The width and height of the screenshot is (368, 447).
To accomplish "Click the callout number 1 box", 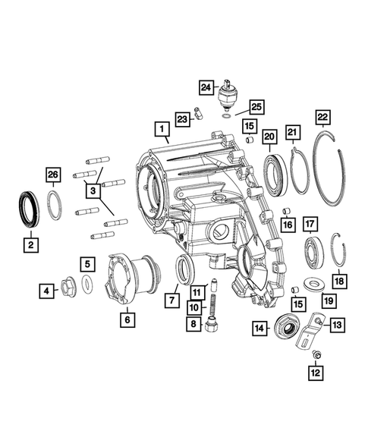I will coord(161,129).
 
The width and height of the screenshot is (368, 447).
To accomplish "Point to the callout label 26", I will coord(52,175).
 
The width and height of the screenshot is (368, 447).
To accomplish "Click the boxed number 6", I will coord(127,320).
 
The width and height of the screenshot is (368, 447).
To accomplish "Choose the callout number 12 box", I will coord(316,373).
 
